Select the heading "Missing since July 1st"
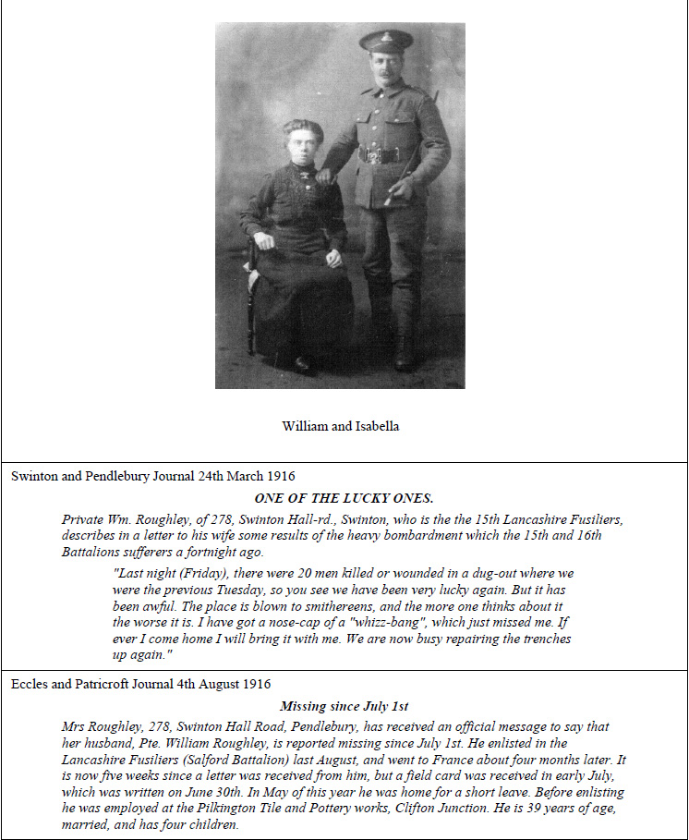(x=344, y=706)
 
